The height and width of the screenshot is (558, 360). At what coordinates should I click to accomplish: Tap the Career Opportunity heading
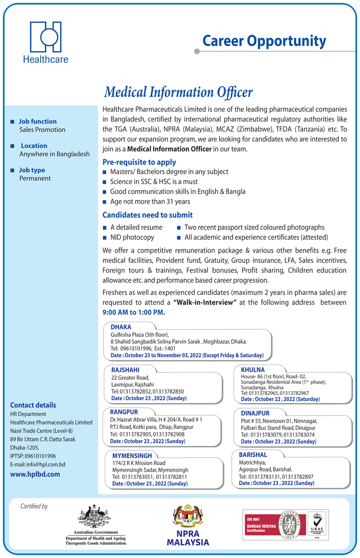click(x=264, y=41)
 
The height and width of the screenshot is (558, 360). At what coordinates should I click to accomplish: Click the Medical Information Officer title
click(x=178, y=92)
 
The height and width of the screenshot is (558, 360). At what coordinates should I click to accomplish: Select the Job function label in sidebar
click(x=38, y=121)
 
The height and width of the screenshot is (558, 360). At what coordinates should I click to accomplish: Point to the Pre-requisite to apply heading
click(x=139, y=162)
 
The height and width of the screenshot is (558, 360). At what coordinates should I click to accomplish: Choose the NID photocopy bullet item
click(x=132, y=237)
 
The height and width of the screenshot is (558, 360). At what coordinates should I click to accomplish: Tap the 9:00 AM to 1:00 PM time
click(x=134, y=312)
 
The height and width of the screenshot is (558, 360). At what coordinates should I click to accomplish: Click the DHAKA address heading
click(x=121, y=327)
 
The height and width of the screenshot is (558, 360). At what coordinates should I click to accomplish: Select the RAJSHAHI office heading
click(x=125, y=370)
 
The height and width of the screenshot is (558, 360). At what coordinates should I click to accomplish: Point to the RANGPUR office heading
click(x=124, y=412)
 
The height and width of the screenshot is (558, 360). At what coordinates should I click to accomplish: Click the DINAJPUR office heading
click(x=255, y=413)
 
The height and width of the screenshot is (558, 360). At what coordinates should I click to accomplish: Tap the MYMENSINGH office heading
click(x=132, y=455)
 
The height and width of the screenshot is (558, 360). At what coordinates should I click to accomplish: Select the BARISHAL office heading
click(x=253, y=455)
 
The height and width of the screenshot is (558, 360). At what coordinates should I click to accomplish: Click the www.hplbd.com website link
click(x=35, y=474)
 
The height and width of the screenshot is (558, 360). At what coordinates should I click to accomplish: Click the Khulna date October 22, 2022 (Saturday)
click(x=280, y=399)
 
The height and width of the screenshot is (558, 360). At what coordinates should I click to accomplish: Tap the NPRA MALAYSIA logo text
click(x=188, y=538)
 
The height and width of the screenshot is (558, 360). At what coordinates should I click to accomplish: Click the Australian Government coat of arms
click(x=94, y=516)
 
